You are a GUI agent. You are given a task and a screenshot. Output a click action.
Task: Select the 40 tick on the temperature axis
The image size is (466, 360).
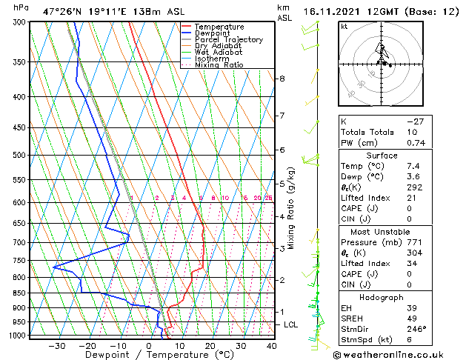click(x=272, y=345)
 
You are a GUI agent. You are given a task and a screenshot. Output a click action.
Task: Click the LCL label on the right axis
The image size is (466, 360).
click(x=291, y=324)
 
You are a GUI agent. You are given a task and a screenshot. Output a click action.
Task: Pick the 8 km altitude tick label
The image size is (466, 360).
click(x=282, y=79)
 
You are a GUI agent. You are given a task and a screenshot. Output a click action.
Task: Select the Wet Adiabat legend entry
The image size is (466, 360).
click(x=219, y=52)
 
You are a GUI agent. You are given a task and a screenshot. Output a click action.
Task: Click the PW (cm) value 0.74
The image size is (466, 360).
click(x=417, y=143)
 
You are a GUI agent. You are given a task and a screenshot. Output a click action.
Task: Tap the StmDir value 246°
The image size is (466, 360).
click(x=416, y=330)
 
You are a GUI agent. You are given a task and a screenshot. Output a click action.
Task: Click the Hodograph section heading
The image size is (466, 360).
click(x=382, y=297)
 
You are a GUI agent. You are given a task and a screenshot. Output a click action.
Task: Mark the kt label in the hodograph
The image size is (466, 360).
click(x=344, y=26)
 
